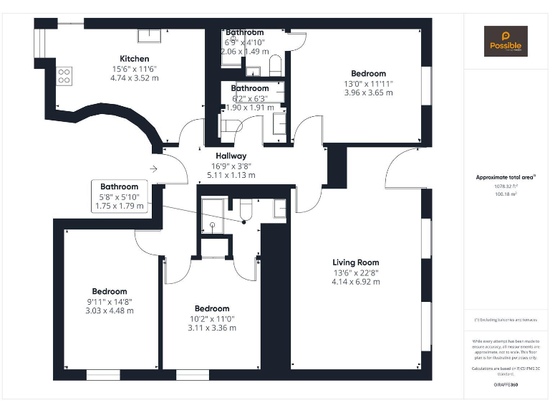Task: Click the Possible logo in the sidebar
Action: click(x=506, y=42)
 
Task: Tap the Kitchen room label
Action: click(x=134, y=59)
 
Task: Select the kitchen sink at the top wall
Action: click(x=150, y=35)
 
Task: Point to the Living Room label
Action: click(x=355, y=262)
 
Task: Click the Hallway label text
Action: click(x=231, y=156)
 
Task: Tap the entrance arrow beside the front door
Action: click(x=153, y=169)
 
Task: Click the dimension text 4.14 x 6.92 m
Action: click(x=355, y=282)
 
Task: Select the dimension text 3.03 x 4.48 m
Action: click(x=110, y=310)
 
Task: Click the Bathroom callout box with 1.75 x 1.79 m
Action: click(x=119, y=196)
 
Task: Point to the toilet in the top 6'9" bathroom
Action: click(x=274, y=68)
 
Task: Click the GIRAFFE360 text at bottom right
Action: click(x=506, y=385)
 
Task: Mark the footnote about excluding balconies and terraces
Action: click(x=506, y=319)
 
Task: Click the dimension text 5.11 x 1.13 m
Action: click(x=231, y=175)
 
